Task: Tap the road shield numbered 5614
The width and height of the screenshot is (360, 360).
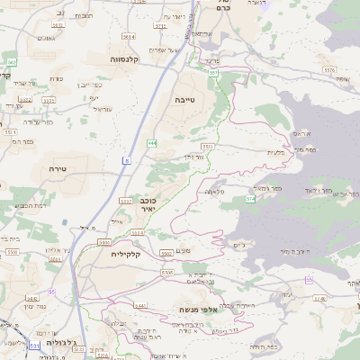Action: (x=129, y=37)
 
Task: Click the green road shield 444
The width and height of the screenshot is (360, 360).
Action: (x=153, y=142)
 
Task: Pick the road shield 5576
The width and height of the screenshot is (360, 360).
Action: (x=328, y=69)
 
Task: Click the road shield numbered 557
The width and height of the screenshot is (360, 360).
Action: (x=213, y=72)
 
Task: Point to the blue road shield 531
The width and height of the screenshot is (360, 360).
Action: (x=34, y=345)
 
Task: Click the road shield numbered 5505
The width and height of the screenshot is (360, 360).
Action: (x=167, y=272)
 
